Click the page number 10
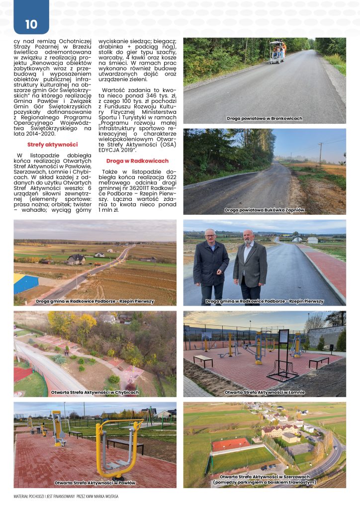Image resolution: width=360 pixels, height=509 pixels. pos(31,24)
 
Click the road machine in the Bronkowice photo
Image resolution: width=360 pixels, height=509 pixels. pos(277,52)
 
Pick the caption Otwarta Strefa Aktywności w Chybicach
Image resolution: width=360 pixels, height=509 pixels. pos(95,392)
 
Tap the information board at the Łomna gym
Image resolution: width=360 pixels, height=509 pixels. pos(284,342)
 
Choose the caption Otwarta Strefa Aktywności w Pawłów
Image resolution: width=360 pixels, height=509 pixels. pos(94,483)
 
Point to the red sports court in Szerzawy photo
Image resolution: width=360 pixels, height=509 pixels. pos(230,444)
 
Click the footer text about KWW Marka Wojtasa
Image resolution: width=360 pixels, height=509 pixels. pos(66,496)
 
